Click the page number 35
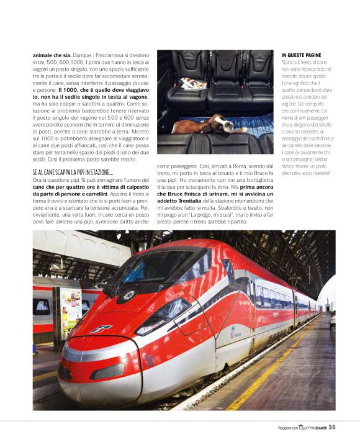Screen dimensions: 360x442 tap(333, 426)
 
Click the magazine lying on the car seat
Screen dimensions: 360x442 tap(187, 81)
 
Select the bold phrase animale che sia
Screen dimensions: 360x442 tap(52, 55)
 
